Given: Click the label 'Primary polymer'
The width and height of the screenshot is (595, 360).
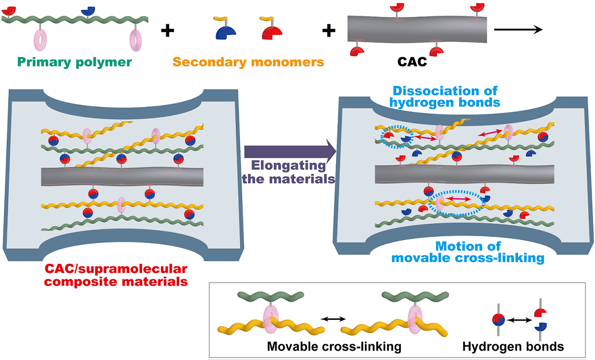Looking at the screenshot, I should coord(74,62).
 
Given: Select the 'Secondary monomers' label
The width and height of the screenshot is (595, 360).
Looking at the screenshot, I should coord(248,62).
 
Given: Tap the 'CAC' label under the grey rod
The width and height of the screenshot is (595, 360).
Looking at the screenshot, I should coord(412,62).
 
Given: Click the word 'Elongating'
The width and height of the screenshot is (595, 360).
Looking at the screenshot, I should coord(289,166).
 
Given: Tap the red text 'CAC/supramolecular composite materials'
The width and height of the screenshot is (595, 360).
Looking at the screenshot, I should coord(116,276).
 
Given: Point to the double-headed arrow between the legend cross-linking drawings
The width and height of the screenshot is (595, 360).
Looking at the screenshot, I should coord(333,318).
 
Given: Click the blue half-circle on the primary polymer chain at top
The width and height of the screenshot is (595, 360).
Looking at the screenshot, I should coord(89,10).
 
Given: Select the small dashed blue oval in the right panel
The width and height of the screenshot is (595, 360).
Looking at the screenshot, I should coord(397,138).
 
